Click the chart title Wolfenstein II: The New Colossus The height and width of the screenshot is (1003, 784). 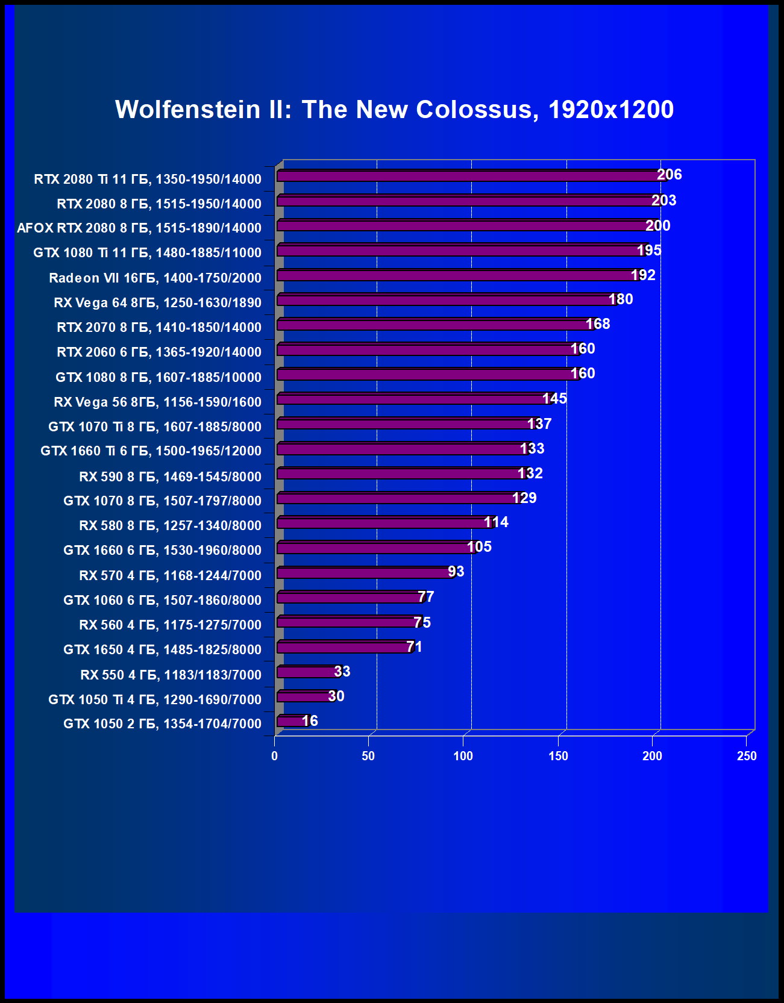(x=394, y=110)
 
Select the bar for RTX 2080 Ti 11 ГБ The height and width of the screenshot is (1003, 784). (x=470, y=176)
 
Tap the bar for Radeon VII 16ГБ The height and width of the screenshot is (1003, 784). (x=458, y=276)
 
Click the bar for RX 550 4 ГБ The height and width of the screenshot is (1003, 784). (x=307, y=672)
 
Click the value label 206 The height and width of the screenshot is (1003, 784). (x=669, y=175)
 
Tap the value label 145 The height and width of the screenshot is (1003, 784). (x=554, y=398)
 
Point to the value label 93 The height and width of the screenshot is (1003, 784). (x=456, y=571)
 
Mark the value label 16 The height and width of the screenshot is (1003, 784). (x=309, y=720)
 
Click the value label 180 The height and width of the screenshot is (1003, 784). (x=620, y=299)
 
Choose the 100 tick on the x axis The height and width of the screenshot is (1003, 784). (x=463, y=756)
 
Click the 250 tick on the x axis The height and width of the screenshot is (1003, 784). (x=746, y=756)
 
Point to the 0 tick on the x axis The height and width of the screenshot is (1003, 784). (x=275, y=756)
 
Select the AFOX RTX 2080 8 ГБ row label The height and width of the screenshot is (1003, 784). (x=139, y=228)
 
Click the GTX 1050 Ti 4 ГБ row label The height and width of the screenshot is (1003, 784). (x=155, y=699)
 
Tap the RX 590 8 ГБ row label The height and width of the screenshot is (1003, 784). (x=170, y=477)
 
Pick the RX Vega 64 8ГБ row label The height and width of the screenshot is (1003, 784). (x=157, y=302)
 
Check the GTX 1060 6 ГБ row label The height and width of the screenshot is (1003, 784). (x=162, y=600)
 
